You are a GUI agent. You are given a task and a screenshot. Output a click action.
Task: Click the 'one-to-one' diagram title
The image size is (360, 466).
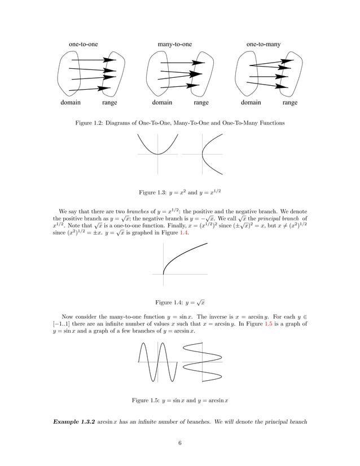coord(83,43)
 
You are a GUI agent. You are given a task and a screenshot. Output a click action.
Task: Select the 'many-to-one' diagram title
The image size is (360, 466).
coord(174,43)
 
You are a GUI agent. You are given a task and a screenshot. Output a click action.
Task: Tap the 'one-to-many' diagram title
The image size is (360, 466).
coord(264,43)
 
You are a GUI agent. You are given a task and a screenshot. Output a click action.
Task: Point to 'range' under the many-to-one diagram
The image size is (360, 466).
coord(201,103)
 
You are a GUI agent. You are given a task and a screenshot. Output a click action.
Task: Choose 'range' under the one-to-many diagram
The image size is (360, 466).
coord(290,103)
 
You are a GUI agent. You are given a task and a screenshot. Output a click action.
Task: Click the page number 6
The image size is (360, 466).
coord(179,442)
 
